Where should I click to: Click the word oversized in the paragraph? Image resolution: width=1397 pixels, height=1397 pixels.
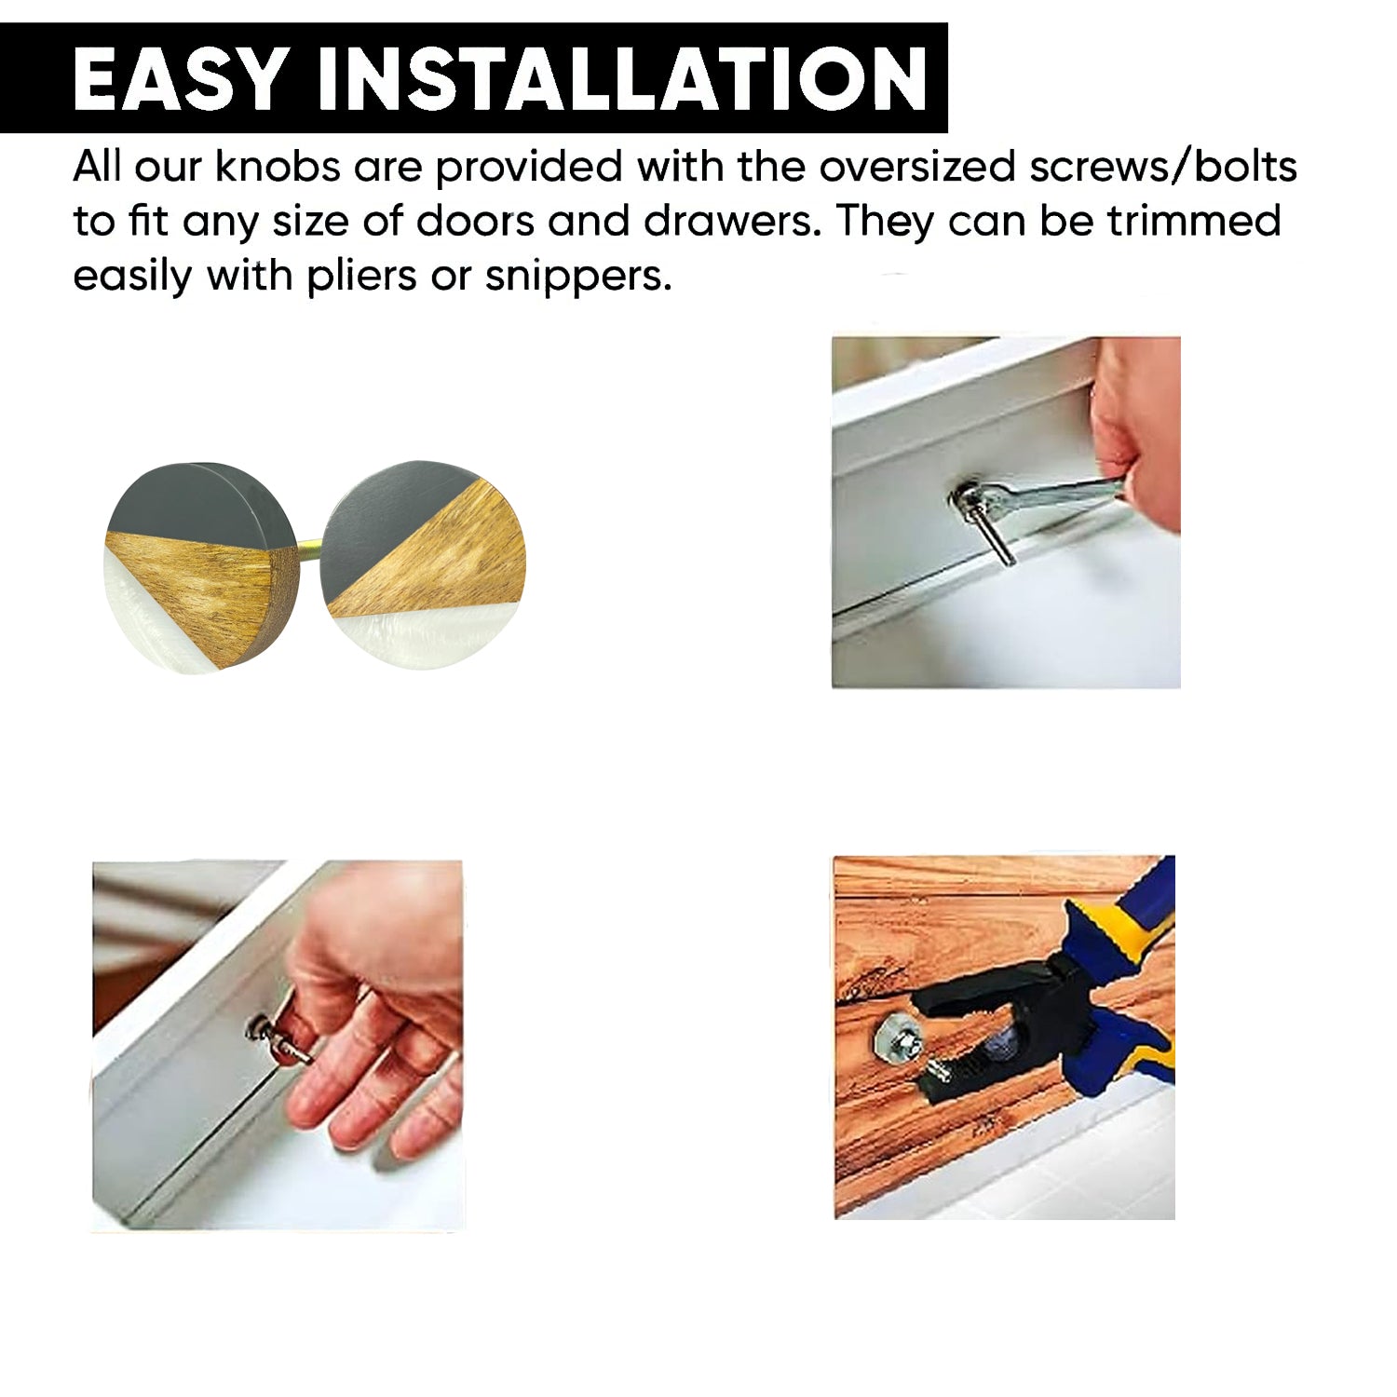[916, 167]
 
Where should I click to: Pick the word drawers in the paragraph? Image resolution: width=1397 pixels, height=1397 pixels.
[726, 222]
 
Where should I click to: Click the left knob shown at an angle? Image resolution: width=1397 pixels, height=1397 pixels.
[200, 566]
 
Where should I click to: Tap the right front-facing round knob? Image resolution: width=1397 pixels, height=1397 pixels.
[423, 564]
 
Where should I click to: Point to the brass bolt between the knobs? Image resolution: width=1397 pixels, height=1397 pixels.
[310, 550]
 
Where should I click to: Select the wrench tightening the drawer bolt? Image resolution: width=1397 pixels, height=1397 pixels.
[1038, 495]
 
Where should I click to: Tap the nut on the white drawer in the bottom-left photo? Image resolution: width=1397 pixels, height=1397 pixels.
[256, 1028]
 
